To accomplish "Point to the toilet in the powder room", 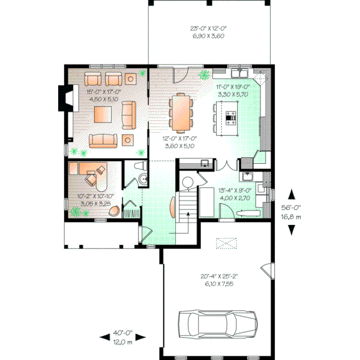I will pyautogui.click(x=140, y=165).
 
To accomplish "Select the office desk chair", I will pyautogui.click(x=90, y=178).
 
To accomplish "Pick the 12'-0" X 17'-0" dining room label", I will pyautogui.click(x=179, y=137).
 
